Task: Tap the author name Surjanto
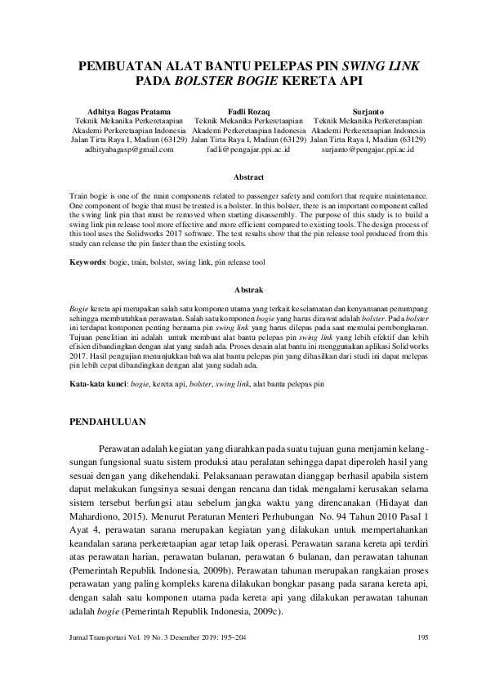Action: tap(368, 109)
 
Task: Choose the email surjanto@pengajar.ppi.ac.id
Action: tap(368, 150)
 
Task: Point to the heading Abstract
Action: tap(248, 176)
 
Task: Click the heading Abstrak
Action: tap(248, 290)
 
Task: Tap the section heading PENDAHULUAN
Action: tap(106, 422)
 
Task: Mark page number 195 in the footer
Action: tap(422, 661)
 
